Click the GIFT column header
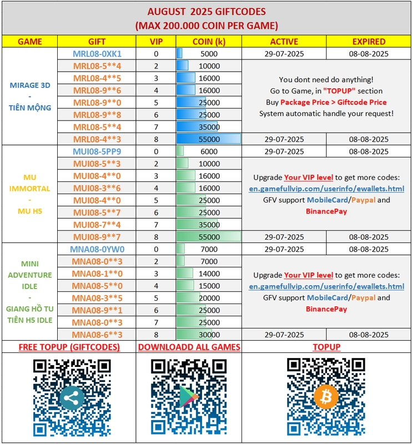point(97,42)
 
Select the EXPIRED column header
point(369,42)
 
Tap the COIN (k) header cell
point(209,42)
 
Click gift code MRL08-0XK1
point(97,54)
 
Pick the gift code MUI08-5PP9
point(97,152)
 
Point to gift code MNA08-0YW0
point(97,249)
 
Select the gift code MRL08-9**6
point(97,90)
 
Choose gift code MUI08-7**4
point(97,225)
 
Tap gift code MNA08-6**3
point(97,335)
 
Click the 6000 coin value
point(209,152)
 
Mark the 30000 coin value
point(209,335)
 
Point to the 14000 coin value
point(209,274)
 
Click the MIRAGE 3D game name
point(30,85)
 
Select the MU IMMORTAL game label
point(30,183)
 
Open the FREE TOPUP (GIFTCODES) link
point(69,347)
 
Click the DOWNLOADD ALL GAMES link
point(189,347)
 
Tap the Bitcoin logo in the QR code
point(326,397)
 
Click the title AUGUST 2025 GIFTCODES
point(207,11)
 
